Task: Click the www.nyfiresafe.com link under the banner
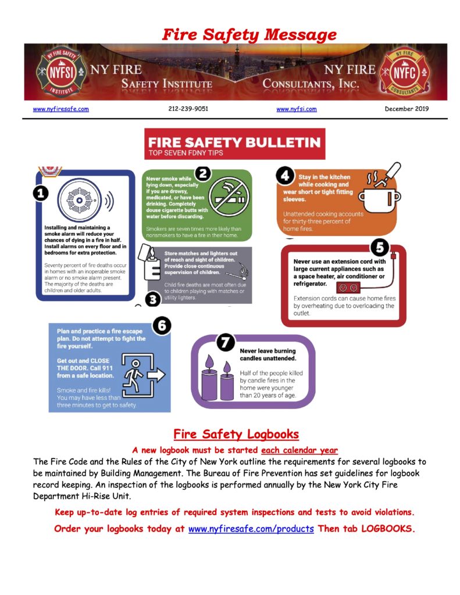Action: (60, 109)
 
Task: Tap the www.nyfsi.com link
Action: (297, 109)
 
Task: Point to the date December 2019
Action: (406, 109)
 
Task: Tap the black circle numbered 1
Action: (41, 193)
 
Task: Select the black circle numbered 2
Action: (202, 173)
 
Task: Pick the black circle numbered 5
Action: (379, 248)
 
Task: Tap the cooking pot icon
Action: (379, 196)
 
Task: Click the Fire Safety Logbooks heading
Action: (236, 434)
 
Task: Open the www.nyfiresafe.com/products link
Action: (251, 529)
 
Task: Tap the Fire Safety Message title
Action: (249, 34)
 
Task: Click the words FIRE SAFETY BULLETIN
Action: (234, 142)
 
